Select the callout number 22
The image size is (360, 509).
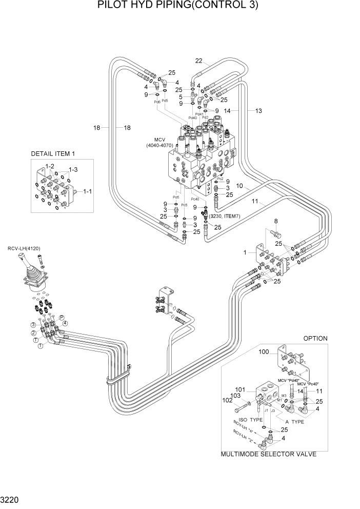point(198,62)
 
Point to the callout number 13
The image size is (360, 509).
point(258,110)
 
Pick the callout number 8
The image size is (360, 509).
point(276,222)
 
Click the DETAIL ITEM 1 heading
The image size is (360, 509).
point(53,153)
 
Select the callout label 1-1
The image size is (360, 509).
point(87,191)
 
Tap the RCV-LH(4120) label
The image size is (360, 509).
point(24,249)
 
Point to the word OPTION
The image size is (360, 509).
point(315,339)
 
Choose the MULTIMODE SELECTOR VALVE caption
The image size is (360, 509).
point(268,454)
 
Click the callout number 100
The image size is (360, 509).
point(264,352)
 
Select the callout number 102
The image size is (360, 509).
point(227,401)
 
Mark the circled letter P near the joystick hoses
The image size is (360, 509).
point(62,319)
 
